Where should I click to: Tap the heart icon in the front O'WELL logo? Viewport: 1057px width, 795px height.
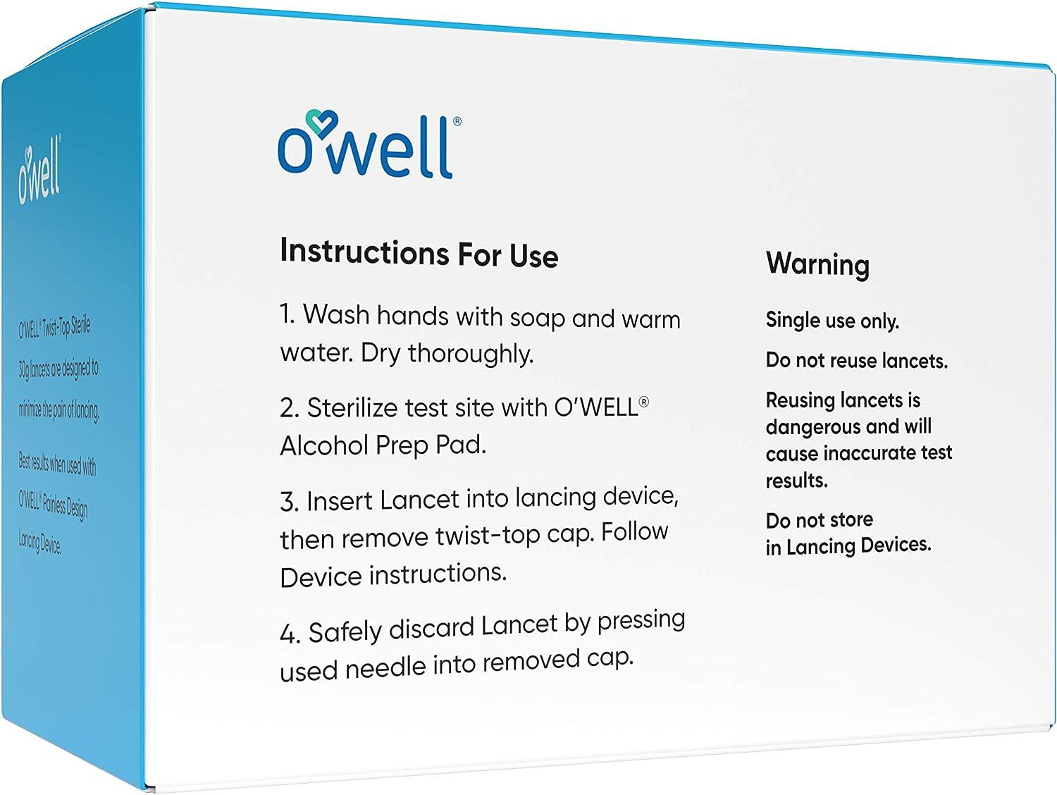(x=322, y=125)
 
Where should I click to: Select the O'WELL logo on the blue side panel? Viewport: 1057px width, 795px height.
(x=40, y=173)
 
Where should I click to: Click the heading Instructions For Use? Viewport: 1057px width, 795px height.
(x=419, y=253)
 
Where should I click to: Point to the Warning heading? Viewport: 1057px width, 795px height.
(x=817, y=264)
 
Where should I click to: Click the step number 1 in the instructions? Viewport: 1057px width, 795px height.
(x=287, y=314)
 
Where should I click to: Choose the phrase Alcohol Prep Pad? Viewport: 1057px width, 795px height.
(x=383, y=445)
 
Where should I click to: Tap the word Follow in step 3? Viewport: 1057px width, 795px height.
(x=634, y=531)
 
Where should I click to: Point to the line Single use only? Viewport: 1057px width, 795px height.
(x=832, y=321)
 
